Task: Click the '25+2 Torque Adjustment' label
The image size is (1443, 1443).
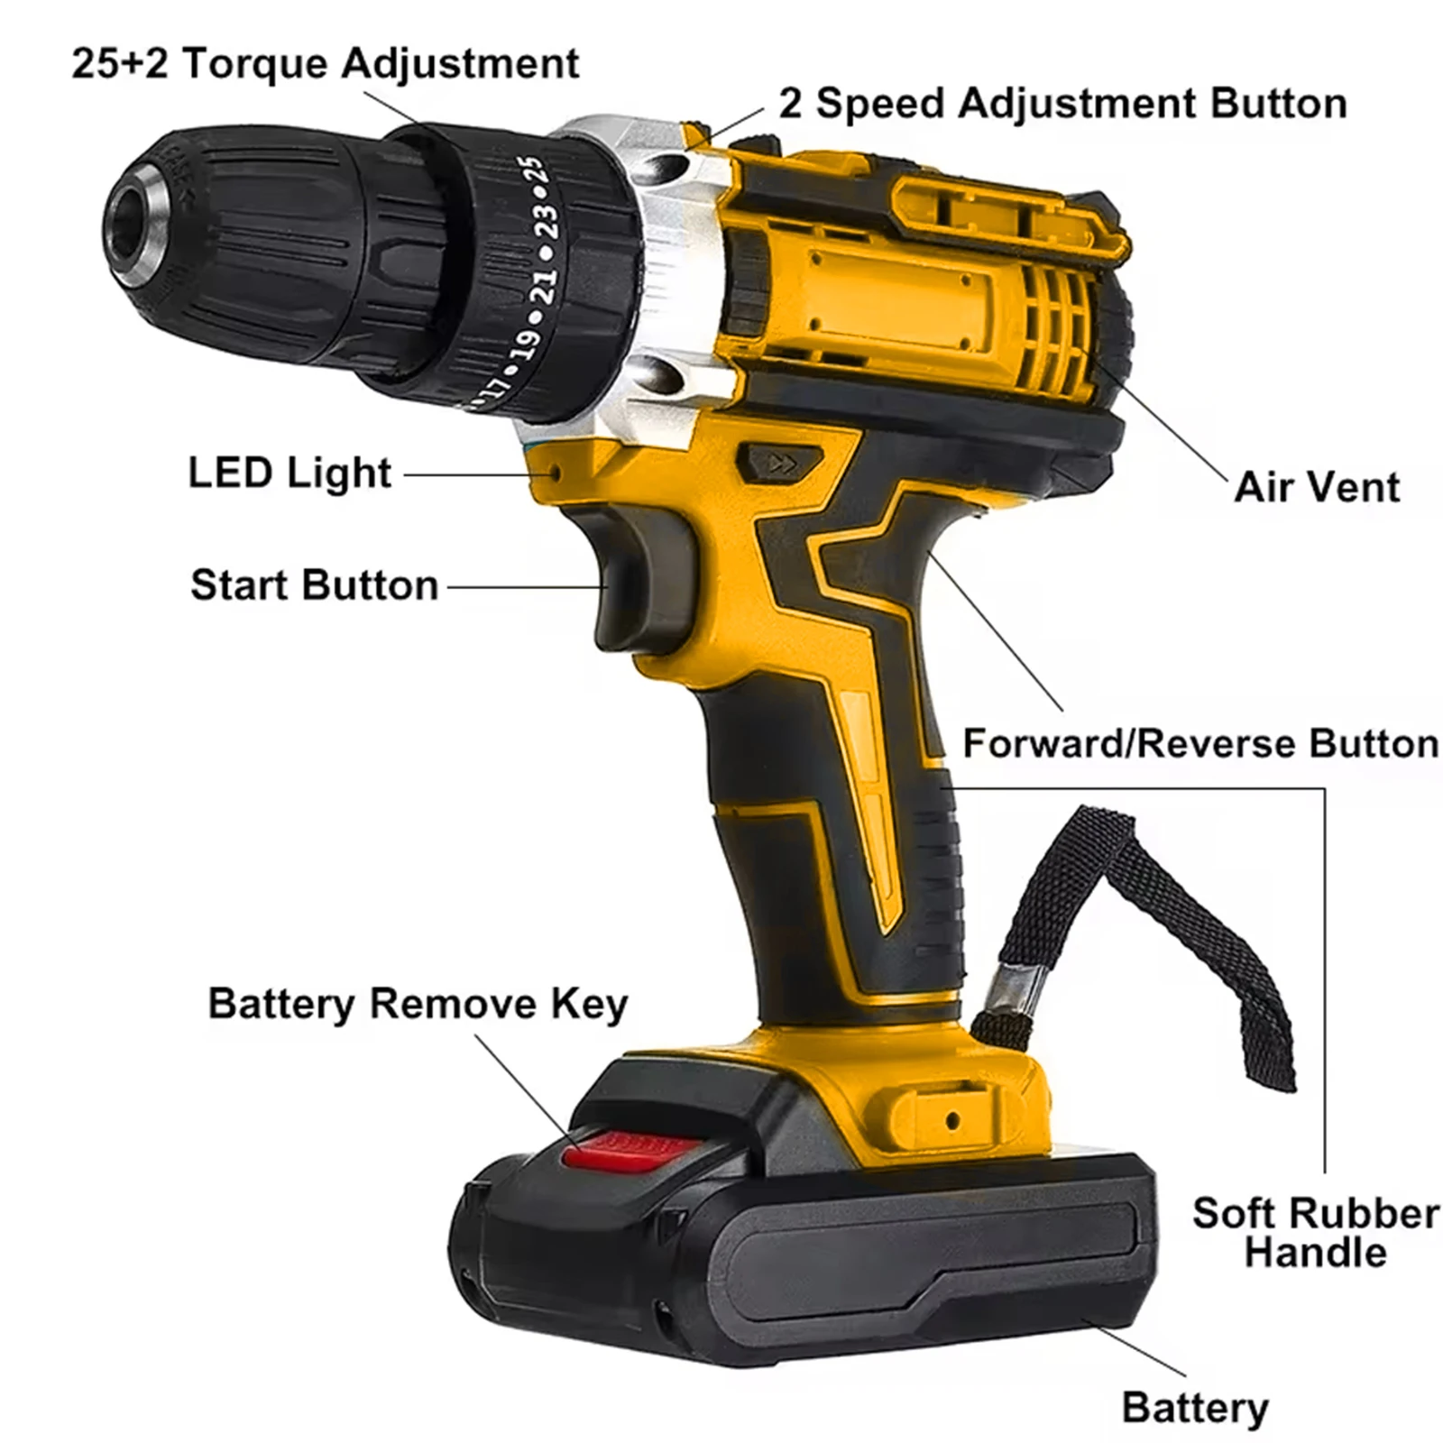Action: [325, 64]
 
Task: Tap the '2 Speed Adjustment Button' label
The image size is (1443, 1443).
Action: [1062, 104]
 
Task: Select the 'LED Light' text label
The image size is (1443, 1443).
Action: [290, 473]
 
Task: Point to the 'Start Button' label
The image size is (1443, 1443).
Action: [314, 585]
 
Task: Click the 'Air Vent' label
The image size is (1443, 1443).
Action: [1317, 488]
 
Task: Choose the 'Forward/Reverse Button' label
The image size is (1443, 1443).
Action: [1200, 744]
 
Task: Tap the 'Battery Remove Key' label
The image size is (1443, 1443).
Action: [418, 1004]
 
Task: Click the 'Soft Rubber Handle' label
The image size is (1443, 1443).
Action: [1315, 1233]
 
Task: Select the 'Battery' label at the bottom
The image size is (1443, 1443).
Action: [1195, 1408]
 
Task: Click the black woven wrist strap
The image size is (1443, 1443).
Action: [1199, 920]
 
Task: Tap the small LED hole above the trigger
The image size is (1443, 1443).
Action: [556, 473]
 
